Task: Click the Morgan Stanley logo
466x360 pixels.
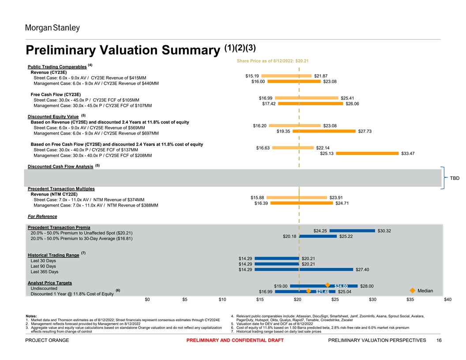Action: coord(52,28)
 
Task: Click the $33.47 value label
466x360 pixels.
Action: coord(408,154)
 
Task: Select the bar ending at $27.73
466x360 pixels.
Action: coord(325,131)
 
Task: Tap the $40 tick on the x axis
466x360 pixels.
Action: coord(448,300)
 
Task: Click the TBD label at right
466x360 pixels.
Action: coord(455,178)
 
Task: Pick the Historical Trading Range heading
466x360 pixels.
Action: coord(53,255)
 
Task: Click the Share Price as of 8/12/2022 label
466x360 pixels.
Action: coord(272,61)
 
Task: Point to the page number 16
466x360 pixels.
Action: coord(439,340)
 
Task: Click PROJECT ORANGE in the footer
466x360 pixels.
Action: coord(47,340)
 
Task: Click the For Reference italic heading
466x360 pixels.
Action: coord(42,216)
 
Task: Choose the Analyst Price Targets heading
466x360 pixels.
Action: coord(49,282)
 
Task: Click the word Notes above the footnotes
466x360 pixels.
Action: coord(32,316)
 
